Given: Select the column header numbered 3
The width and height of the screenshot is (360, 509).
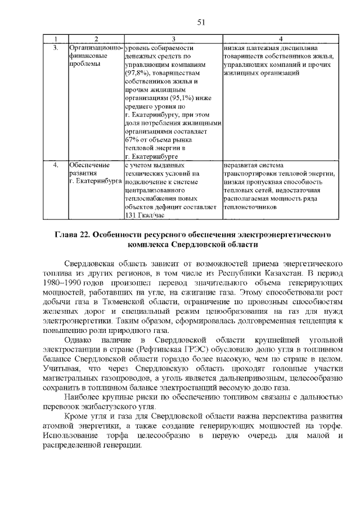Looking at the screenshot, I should point(173,39).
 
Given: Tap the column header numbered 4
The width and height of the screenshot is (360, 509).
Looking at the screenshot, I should point(280,39).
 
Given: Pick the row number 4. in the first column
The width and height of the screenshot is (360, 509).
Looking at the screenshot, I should point(55,165).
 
